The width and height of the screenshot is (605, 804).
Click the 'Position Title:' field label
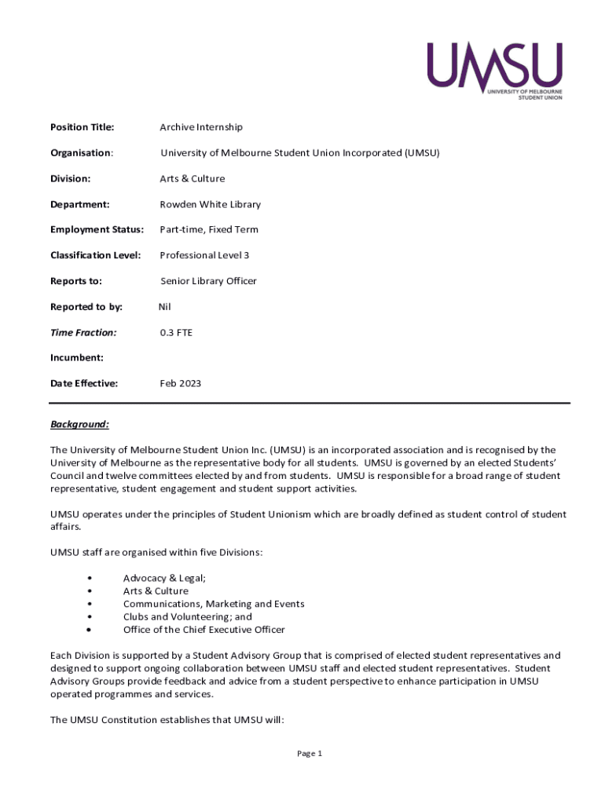82,127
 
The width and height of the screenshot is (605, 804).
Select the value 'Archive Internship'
201,127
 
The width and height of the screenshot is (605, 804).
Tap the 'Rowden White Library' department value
210,204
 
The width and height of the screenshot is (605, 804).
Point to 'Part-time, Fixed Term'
208,230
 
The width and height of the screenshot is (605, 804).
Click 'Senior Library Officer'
208,281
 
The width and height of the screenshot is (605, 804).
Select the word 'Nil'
164,307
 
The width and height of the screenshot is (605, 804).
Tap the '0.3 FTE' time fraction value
176,333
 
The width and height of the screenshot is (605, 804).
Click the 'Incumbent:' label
77,358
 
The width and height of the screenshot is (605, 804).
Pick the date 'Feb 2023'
180,384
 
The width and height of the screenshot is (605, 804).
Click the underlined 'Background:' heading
79,425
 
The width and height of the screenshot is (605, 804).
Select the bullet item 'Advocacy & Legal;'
164,578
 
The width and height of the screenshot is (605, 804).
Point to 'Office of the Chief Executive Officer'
203,630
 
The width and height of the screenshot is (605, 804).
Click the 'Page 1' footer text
310,754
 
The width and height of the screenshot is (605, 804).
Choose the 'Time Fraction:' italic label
83,333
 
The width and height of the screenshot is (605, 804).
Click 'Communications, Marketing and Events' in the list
213,604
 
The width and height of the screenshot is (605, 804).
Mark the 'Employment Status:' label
97,230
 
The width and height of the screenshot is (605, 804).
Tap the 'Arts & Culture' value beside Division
192,178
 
